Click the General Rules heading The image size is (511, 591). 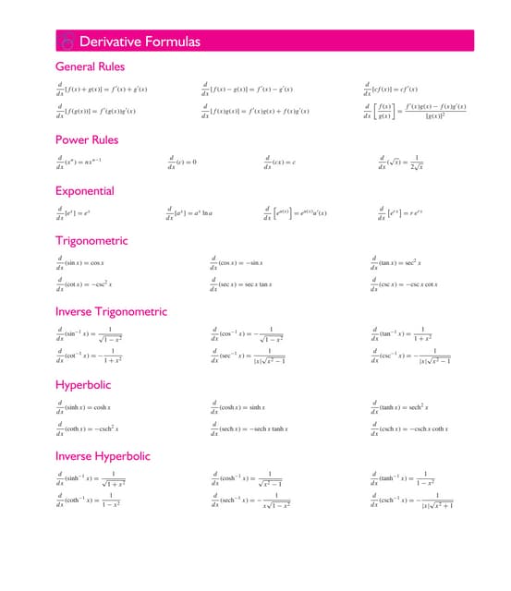[x=90, y=66]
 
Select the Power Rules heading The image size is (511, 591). [x=87, y=140]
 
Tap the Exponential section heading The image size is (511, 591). [x=85, y=191]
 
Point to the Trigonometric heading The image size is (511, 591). [x=91, y=241]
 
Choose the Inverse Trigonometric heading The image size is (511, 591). [x=111, y=311]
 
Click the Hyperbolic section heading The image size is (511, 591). [x=83, y=384]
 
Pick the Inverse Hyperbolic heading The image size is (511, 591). [x=103, y=456]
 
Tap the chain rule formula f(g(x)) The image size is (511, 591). [x=100, y=113]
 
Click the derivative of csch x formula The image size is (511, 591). [x=410, y=429]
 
